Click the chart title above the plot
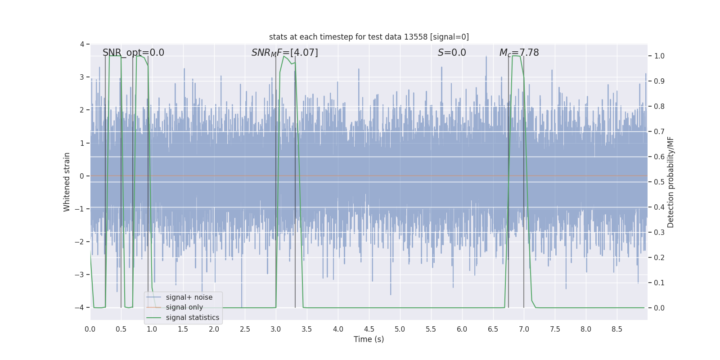point(369,37)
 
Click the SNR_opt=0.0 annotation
point(133,53)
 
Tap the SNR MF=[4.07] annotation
point(284,53)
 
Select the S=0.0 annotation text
point(452,53)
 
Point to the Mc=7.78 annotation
point(519,53)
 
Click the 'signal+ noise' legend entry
point(189,297)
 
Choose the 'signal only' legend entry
point(184,307)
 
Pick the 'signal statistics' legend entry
point(192,318)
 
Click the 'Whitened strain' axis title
point(67,182)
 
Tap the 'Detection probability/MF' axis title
point(670,182)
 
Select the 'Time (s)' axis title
point(369,339)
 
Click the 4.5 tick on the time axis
point(369,329)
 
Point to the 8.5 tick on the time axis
point(617,329)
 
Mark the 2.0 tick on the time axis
point(214,329)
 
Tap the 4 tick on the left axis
point(82,44)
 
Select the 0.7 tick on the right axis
point(659,131)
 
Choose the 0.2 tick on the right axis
point(659,257)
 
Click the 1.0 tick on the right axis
point(659,56)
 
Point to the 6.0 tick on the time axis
point(462,329)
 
